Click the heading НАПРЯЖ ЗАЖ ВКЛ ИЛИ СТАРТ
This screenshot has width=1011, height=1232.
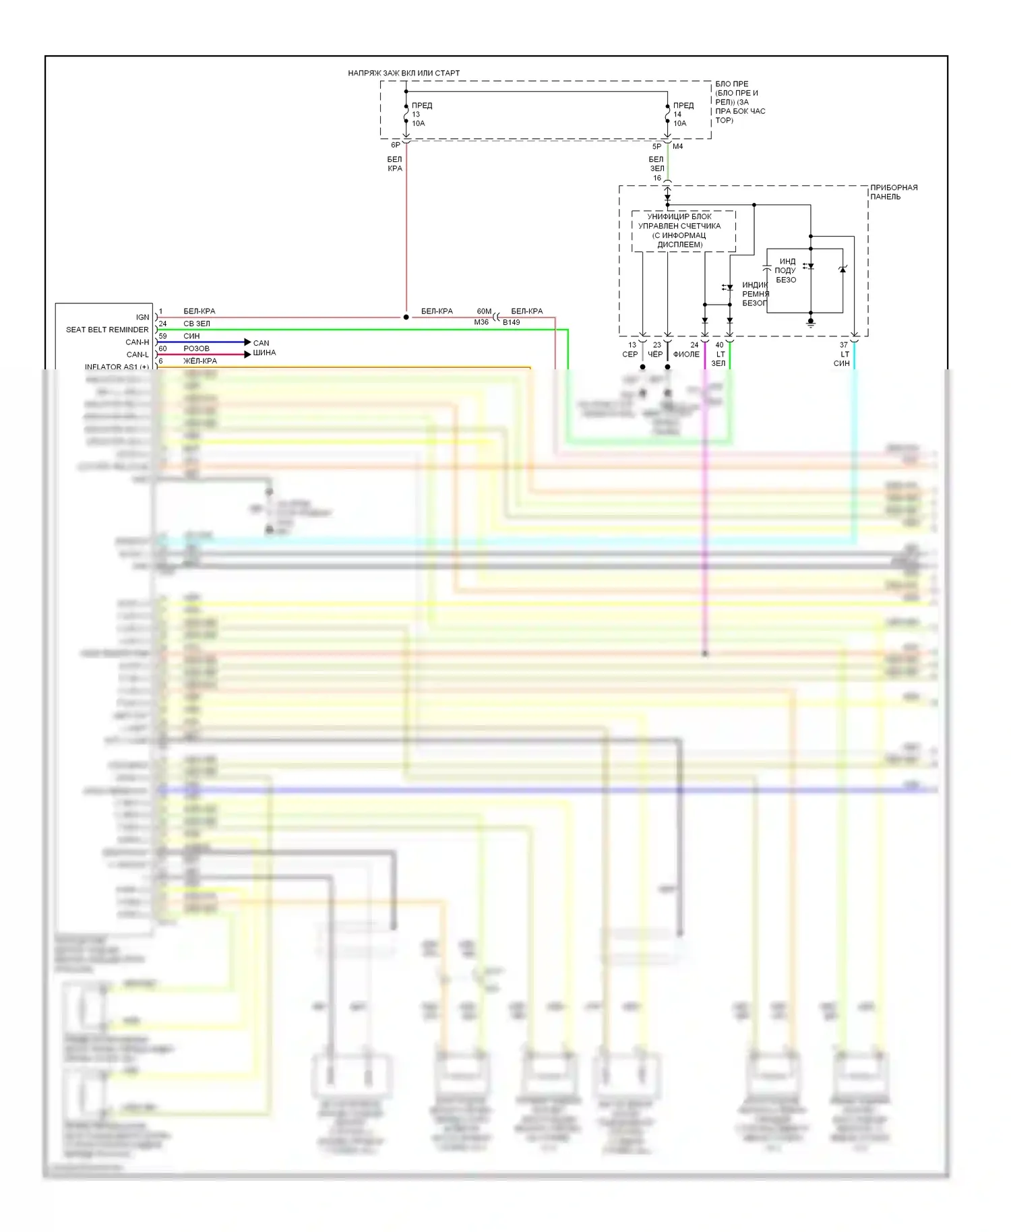click(x=404, y=73)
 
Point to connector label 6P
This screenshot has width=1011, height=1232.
click(x=396, y=145)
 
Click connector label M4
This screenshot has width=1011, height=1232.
click(x=677, y=146)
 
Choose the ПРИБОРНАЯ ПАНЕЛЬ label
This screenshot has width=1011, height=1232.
click(x=893, y=192)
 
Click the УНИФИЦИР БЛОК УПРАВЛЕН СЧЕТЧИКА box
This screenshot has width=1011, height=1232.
click(x=679, y=230)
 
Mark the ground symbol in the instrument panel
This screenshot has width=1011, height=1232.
click(x=811, y=324)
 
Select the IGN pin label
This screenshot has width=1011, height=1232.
click(x=142, y=317)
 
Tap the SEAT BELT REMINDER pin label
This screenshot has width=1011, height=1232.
click(x=107, y=330)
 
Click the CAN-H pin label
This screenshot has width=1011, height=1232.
click(x=137, y=342)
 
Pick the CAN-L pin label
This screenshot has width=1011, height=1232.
click(x=137, y=355)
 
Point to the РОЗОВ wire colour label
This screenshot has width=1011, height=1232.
click(x=196, y=348)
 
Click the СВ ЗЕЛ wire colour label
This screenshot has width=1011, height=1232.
click(x=196, y=324)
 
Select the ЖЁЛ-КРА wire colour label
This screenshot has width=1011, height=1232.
click(x=200, y=361)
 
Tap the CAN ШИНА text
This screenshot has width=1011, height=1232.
click(x=264, y=348)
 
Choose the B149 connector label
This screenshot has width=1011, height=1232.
click(x=511, y=322)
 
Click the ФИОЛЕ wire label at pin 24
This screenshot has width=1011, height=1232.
click(x=686, y=355)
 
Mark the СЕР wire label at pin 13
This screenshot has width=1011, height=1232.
click(x=630, y=355)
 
